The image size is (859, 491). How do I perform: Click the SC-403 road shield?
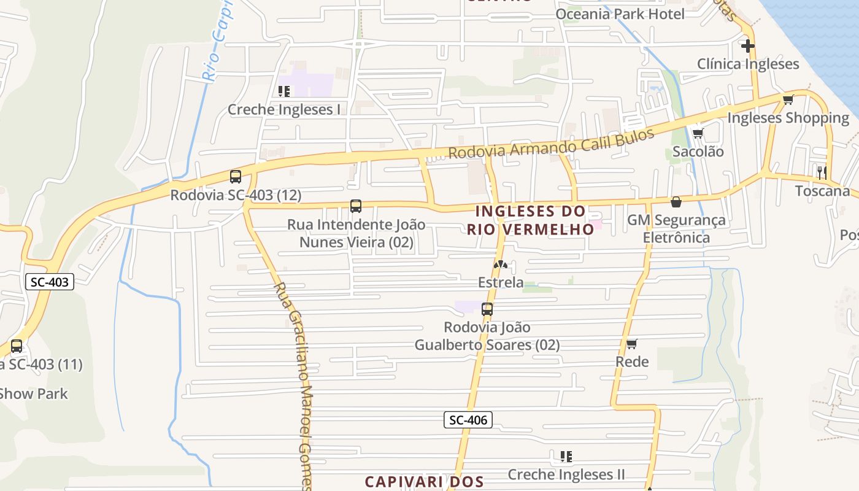tap(50, 282)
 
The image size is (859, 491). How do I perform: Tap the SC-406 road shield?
tap(468, 420)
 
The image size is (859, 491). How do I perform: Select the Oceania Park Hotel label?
tap(620, 14)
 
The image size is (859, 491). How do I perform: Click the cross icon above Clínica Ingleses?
tap(747, 46)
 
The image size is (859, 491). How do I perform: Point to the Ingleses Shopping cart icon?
tap(788, 99)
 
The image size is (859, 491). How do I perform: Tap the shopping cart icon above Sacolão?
tap(698, 133)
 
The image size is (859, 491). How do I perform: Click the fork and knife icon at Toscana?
tap(822, 172)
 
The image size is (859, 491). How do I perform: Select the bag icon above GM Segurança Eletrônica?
tap(676, 201)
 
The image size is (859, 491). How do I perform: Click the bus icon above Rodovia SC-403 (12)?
tap(235, 177)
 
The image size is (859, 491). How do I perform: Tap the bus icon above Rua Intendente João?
tap(356, 206)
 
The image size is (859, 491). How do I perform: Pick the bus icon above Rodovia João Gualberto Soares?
tap(487, 309)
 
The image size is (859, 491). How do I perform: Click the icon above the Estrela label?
tap(501, 265)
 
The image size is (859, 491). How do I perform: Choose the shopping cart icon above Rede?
tap(632, 344)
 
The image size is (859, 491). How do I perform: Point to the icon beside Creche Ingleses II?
tap(566, 456)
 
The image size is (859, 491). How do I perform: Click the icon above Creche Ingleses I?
tap(283, 91)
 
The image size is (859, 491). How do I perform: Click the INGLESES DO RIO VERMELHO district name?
tap(531, 220)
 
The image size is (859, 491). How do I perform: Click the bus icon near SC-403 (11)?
tap(17, 346)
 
